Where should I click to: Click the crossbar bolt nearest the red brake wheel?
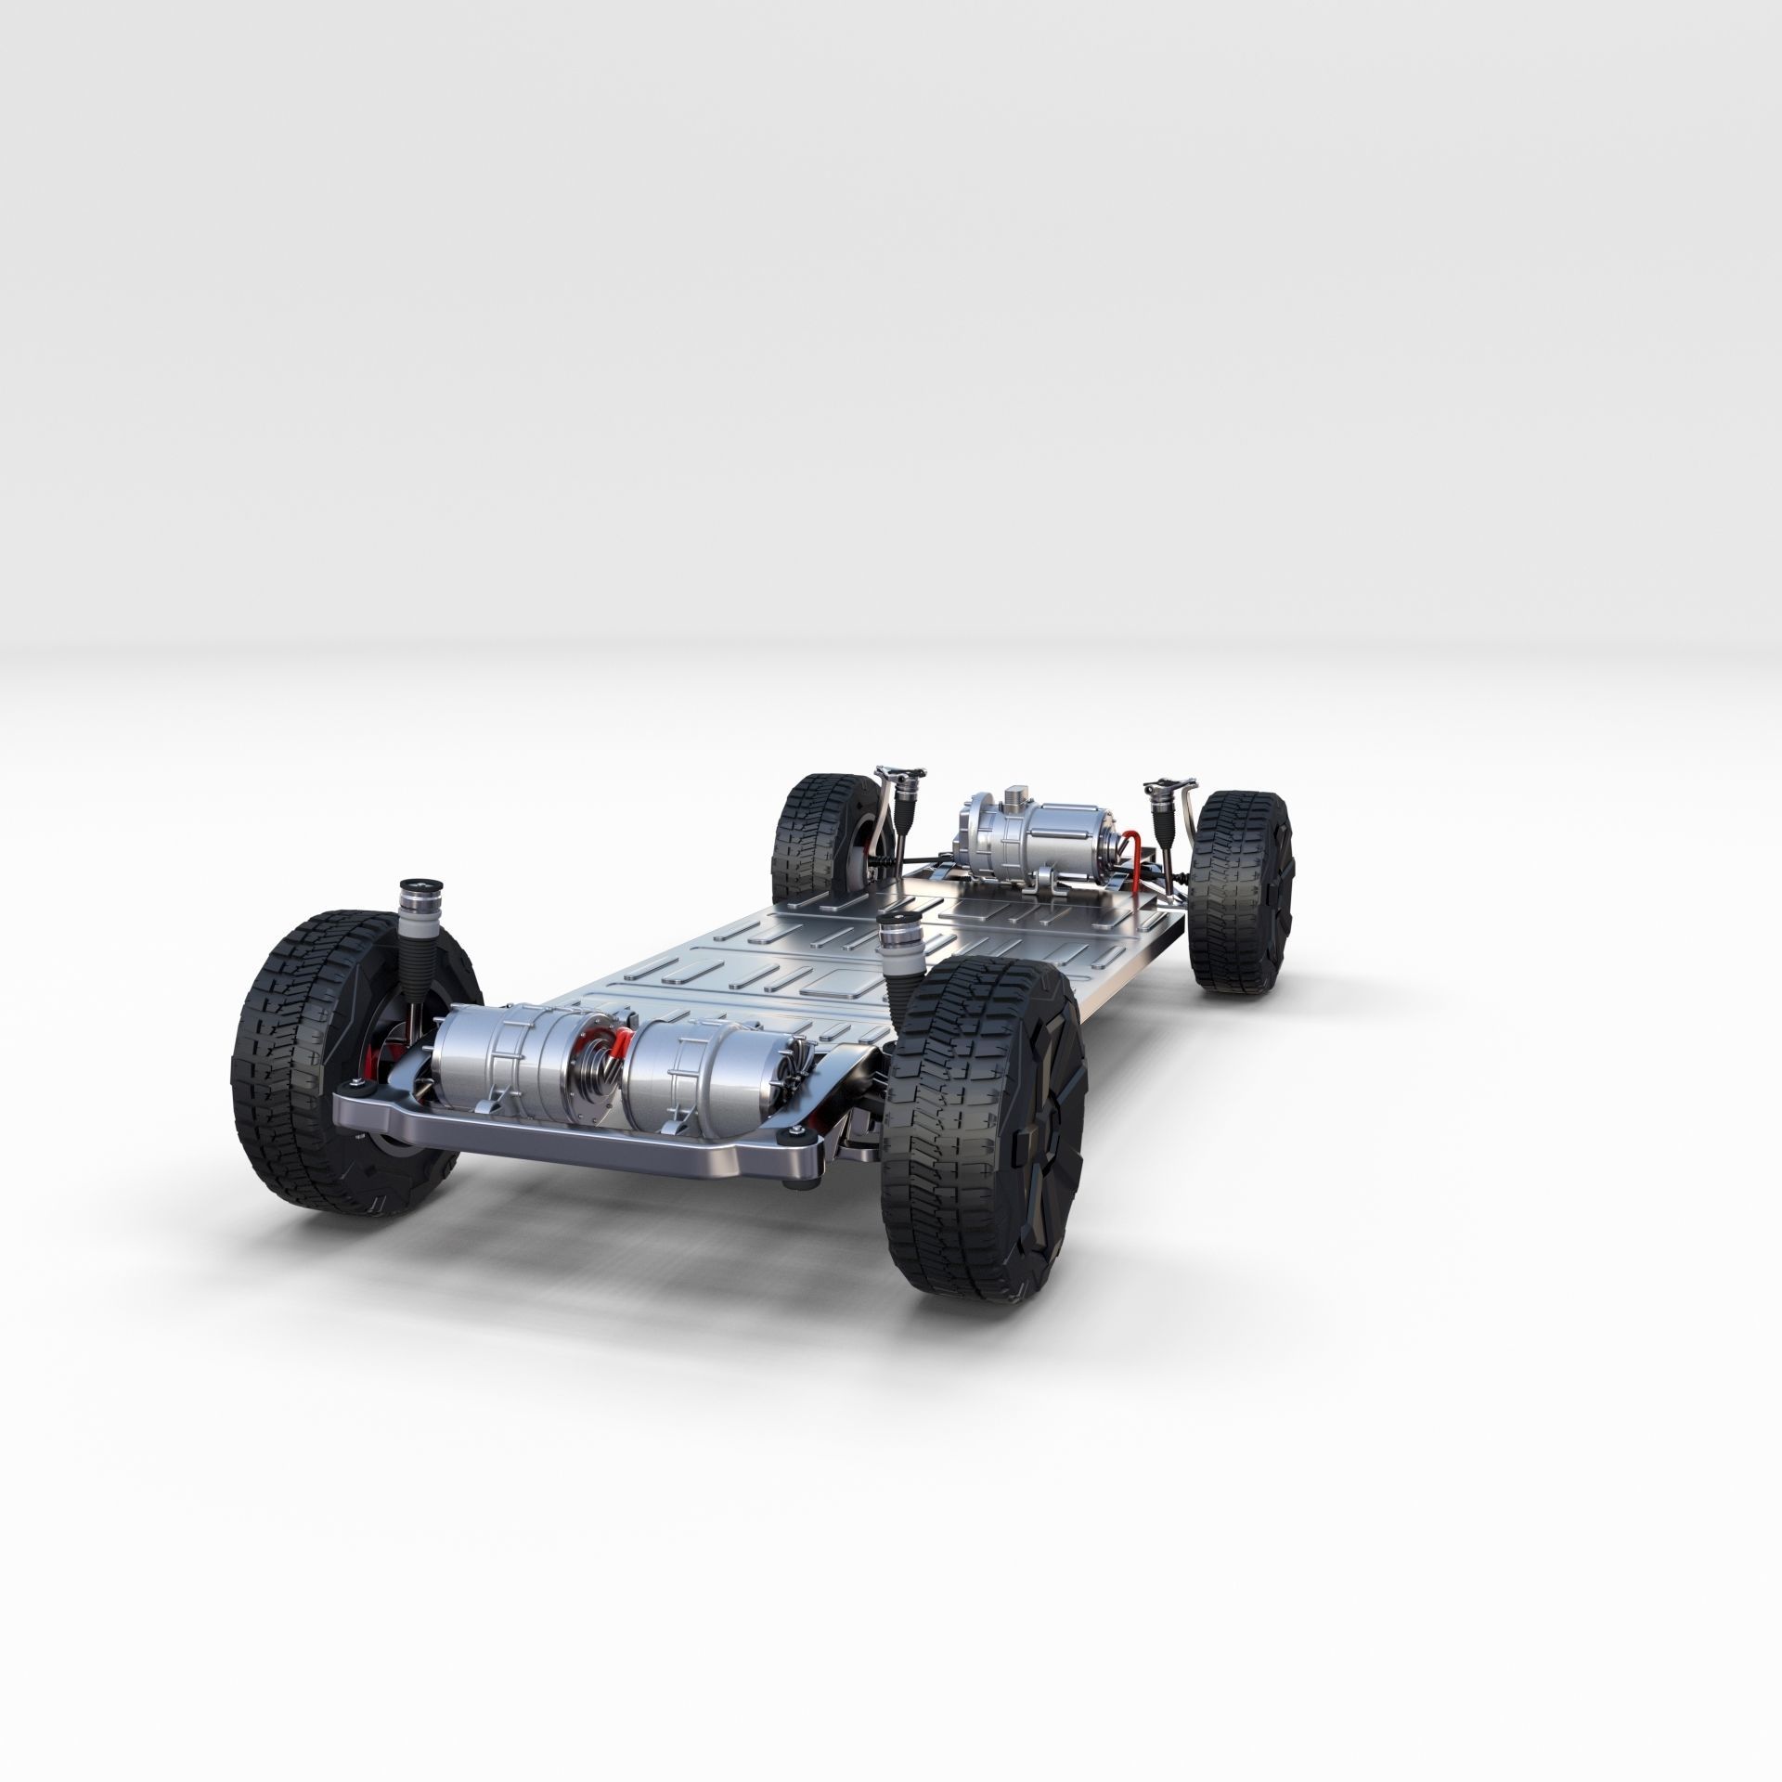tap(355, 1114)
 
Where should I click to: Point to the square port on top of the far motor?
tap(1022, 788)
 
